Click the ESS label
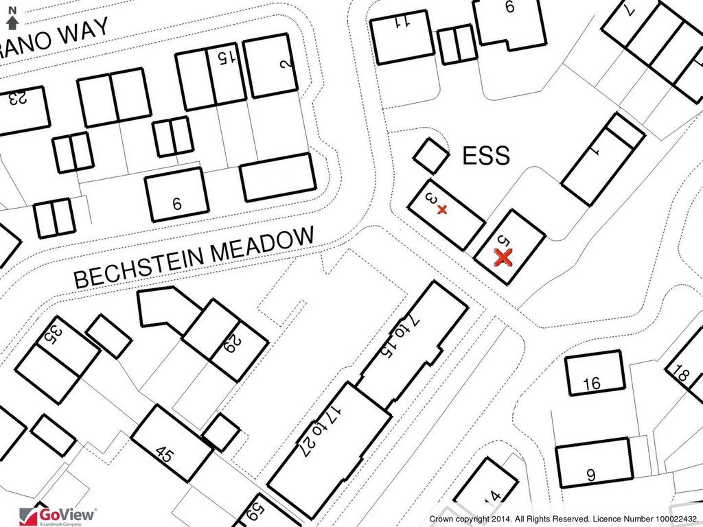(486, 156)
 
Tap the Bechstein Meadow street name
(194, 258)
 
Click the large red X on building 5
(503, 258)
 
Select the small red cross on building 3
(442, 209)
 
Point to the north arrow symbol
(12, 19)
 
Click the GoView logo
(58, 515)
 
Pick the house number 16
(592, 384)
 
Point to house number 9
(591, 475)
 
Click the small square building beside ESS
(431, 156)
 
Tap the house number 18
(682, 373)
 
